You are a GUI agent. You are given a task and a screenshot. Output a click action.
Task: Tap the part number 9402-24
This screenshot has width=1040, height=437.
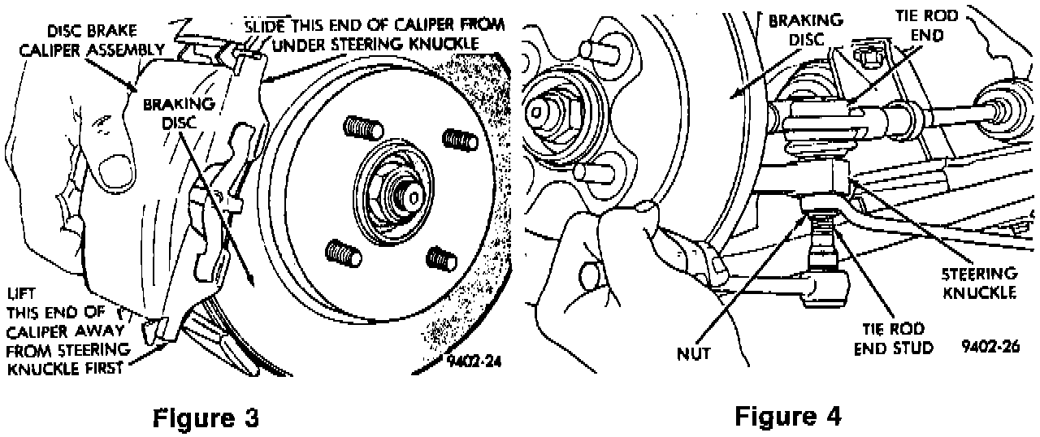(473, 362)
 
